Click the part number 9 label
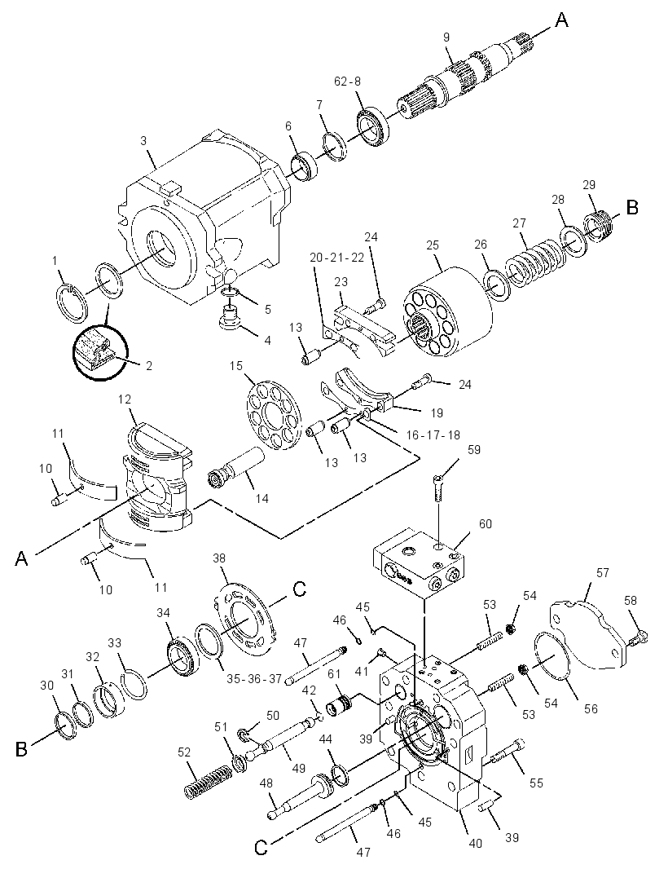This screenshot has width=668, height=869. (x=446, y=37)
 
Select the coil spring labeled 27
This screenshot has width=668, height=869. (x=535, y=262)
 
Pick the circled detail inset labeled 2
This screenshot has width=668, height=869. (x=100, y=353)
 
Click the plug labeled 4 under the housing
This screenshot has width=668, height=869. (x=229, y=319)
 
